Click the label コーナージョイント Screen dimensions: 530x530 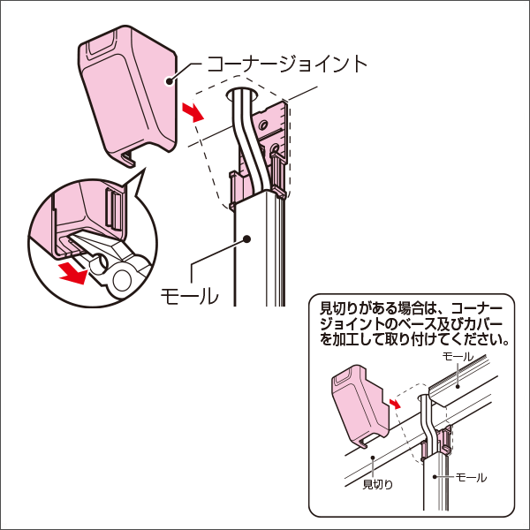click(x=286, y=64)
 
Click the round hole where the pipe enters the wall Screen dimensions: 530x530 click(x=244, y=92)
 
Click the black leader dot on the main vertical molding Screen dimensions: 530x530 click(x=247, y=238)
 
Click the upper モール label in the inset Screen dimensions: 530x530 click(x=458, y=355)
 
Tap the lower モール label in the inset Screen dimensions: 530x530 click(x=470, y=477)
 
